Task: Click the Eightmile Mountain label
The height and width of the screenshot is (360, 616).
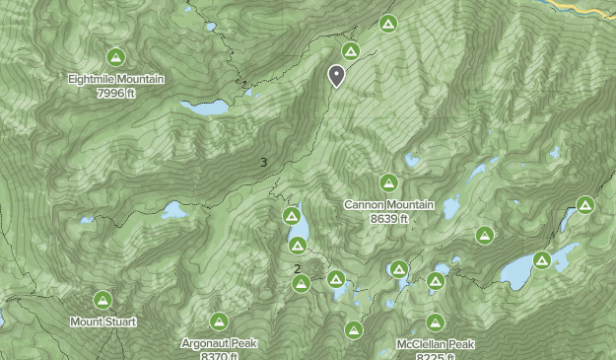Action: [x=116, y=79]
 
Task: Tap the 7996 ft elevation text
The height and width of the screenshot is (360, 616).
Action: [x=116, y=93]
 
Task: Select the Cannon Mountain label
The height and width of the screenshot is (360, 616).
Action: [x=388, y=205]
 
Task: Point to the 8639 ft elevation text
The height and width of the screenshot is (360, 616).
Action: [x=388, y=218]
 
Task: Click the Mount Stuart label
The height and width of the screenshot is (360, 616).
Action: [x=103, y=322]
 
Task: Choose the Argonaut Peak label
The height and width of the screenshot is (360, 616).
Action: [x=219, y=343]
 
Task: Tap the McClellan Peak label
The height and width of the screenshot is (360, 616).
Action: [x=435, y=344]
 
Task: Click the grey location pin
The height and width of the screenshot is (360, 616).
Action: [x=336, y=75]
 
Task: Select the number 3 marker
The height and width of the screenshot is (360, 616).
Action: [x=263, y=163]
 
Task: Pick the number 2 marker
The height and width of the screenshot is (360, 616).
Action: [x=297, y=268]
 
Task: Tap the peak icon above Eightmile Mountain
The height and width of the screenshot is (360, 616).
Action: [x=115, y=57]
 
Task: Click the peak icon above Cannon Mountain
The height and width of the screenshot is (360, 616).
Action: [x=388, y=183]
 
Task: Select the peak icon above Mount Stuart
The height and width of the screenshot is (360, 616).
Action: [x=103, y=300]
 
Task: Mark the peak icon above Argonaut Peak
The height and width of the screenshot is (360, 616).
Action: [x=219, y=322]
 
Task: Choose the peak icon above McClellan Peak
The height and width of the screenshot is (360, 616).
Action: [x=435, y=323]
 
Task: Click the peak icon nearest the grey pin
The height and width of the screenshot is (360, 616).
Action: [x=350, y=51]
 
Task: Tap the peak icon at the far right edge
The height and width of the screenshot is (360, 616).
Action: [x=584, y=205]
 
